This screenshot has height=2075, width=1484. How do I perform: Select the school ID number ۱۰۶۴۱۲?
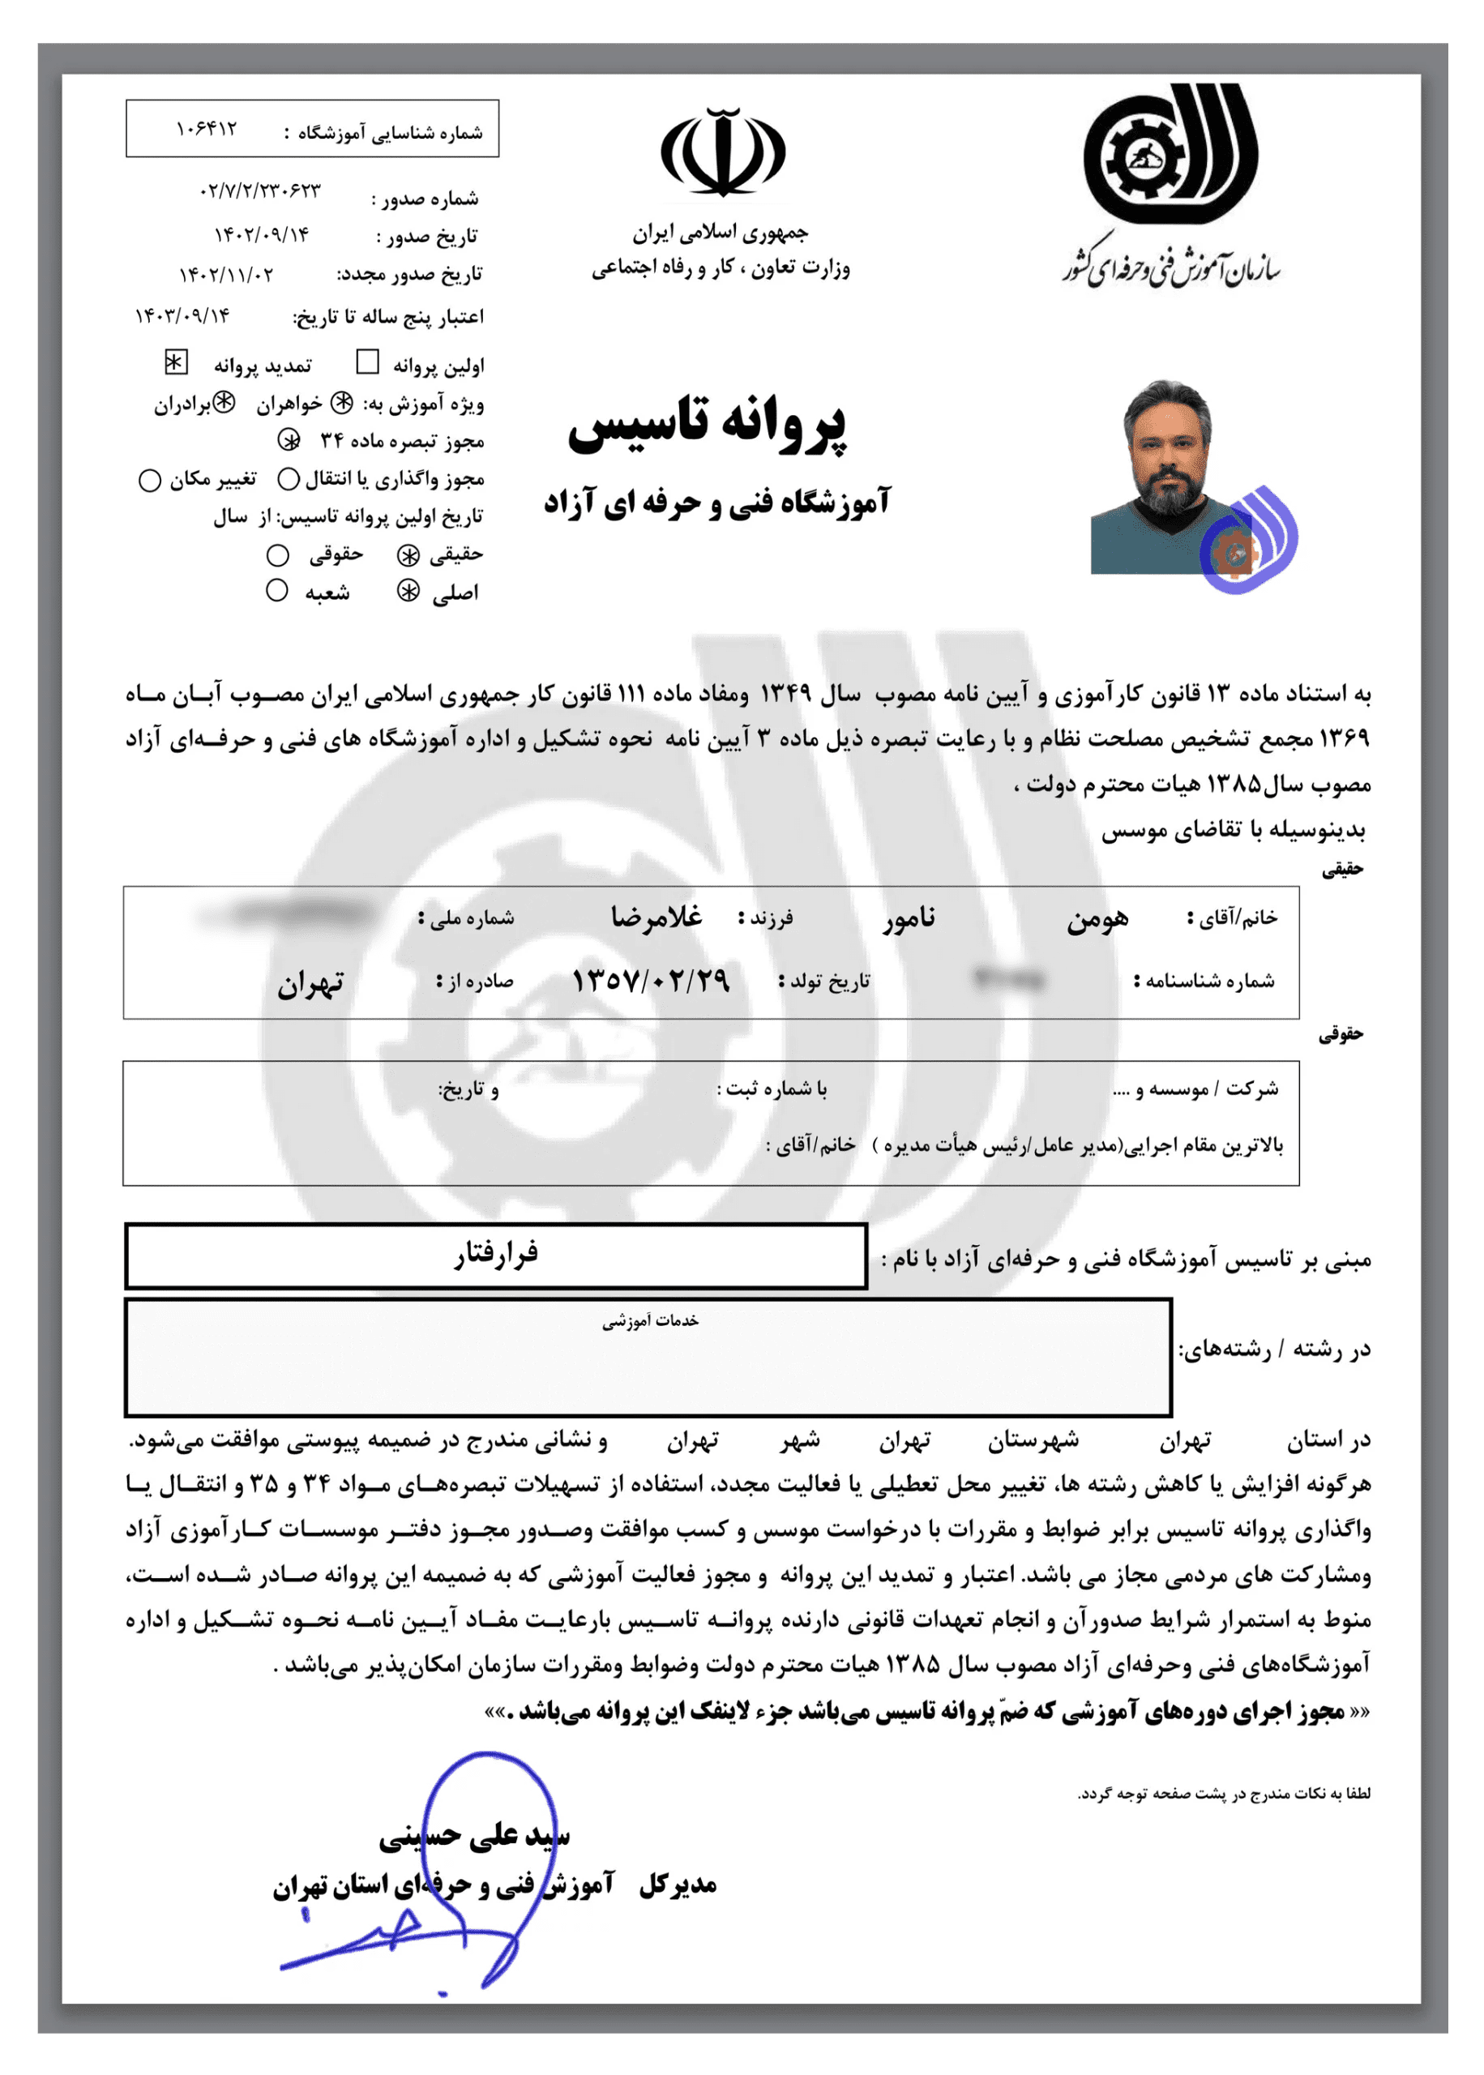207,130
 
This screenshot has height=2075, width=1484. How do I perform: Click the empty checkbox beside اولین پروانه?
367,364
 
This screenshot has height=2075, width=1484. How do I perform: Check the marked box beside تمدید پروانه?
175,363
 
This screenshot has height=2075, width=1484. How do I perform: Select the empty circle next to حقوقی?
278,554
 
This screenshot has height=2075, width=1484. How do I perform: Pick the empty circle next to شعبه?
277,590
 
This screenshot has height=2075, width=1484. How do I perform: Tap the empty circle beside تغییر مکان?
150,480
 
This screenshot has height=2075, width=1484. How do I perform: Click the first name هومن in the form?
1097,919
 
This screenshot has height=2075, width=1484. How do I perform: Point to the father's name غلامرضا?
657,917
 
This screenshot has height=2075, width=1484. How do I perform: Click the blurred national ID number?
287,913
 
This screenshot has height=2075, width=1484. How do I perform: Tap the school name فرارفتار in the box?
496,1255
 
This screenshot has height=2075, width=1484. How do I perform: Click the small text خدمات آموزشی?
650,1321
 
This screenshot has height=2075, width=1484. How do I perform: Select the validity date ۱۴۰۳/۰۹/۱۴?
182,316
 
